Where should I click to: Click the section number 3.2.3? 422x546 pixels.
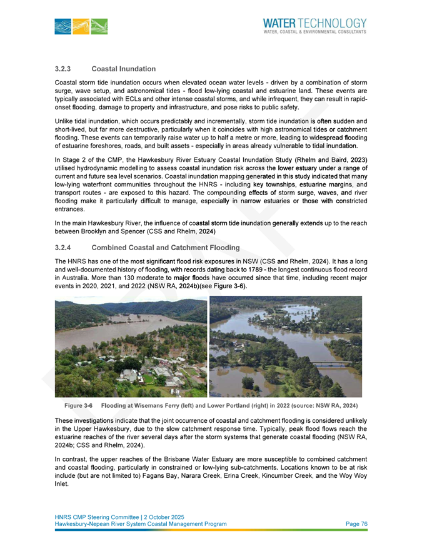pyautogui.click(x=64, y=68)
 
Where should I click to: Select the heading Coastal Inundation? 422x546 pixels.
pyautogui.click(x=123, y=68)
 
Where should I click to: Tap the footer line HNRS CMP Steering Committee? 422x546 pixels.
pyautogui.click(x=98, y=517)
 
